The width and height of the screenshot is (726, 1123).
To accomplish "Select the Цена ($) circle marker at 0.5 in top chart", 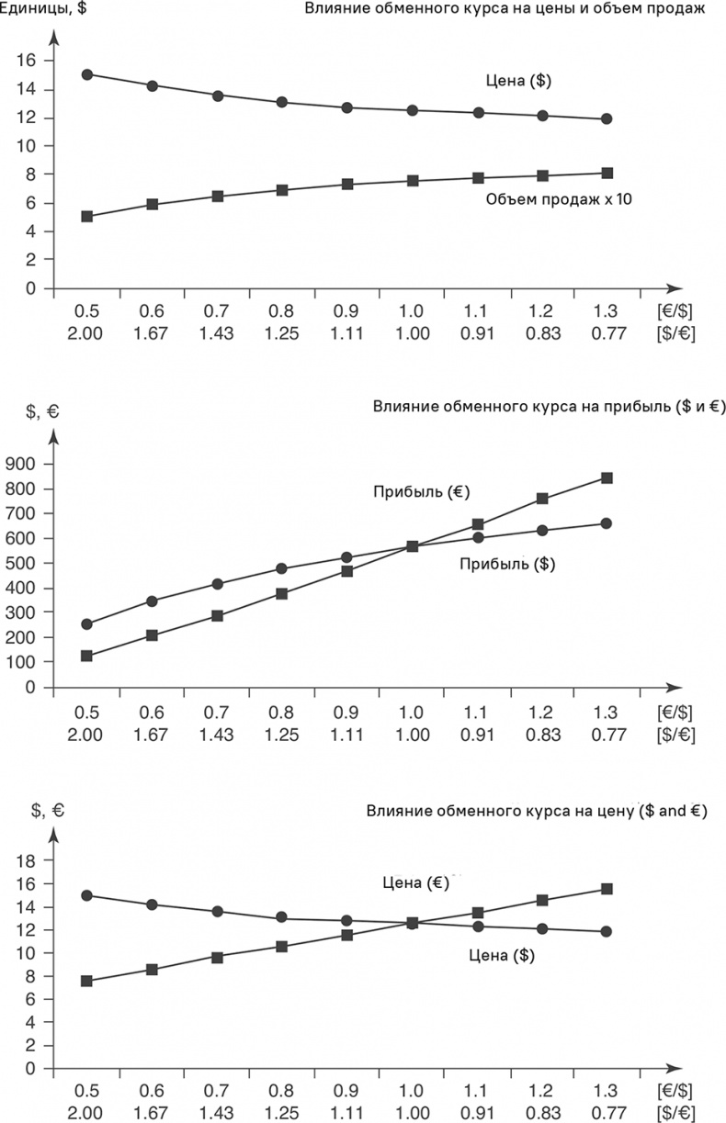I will coord(87,74).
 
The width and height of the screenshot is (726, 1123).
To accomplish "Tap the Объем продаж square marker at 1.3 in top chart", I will coord(607,173).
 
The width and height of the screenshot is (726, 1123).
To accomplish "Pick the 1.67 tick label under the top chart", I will coord(152,333).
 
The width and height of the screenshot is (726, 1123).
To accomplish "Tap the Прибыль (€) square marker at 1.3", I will coord(607,477).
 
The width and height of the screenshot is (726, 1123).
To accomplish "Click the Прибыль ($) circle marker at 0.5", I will coord(87,624).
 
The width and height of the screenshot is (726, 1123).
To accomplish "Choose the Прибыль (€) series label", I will coord(422,491).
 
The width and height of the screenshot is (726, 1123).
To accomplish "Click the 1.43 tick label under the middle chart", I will coord(217,734).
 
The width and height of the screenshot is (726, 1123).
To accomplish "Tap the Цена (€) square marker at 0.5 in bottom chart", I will coord(87,981).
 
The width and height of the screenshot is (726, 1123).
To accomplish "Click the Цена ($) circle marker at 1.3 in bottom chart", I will coord(607,931).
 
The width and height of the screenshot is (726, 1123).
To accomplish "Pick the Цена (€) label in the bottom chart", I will coord(414,883).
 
